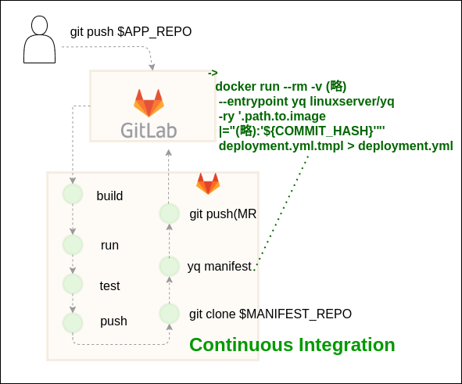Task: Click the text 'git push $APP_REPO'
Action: click(131, 32)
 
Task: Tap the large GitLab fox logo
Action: click(149, 103)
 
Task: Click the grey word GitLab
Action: click(149, 131)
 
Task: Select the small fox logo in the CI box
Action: click(208, 184)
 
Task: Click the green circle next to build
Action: click(73, 194)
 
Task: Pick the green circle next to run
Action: click(73, 245)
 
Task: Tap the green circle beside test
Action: click(73, 284)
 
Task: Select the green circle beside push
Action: click(73, 323)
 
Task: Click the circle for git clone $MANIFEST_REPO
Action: click(170, 314)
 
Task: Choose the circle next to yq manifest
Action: click(170, 266)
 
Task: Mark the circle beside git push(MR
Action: click(170, 214)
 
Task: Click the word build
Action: click(109, 196)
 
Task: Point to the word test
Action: click(109, 286)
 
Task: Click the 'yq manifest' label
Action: click(220, 267)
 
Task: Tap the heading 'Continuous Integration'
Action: click(292, 345)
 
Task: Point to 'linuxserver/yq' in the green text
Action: click(352, 102)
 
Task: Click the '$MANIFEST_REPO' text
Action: click(295, 314)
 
